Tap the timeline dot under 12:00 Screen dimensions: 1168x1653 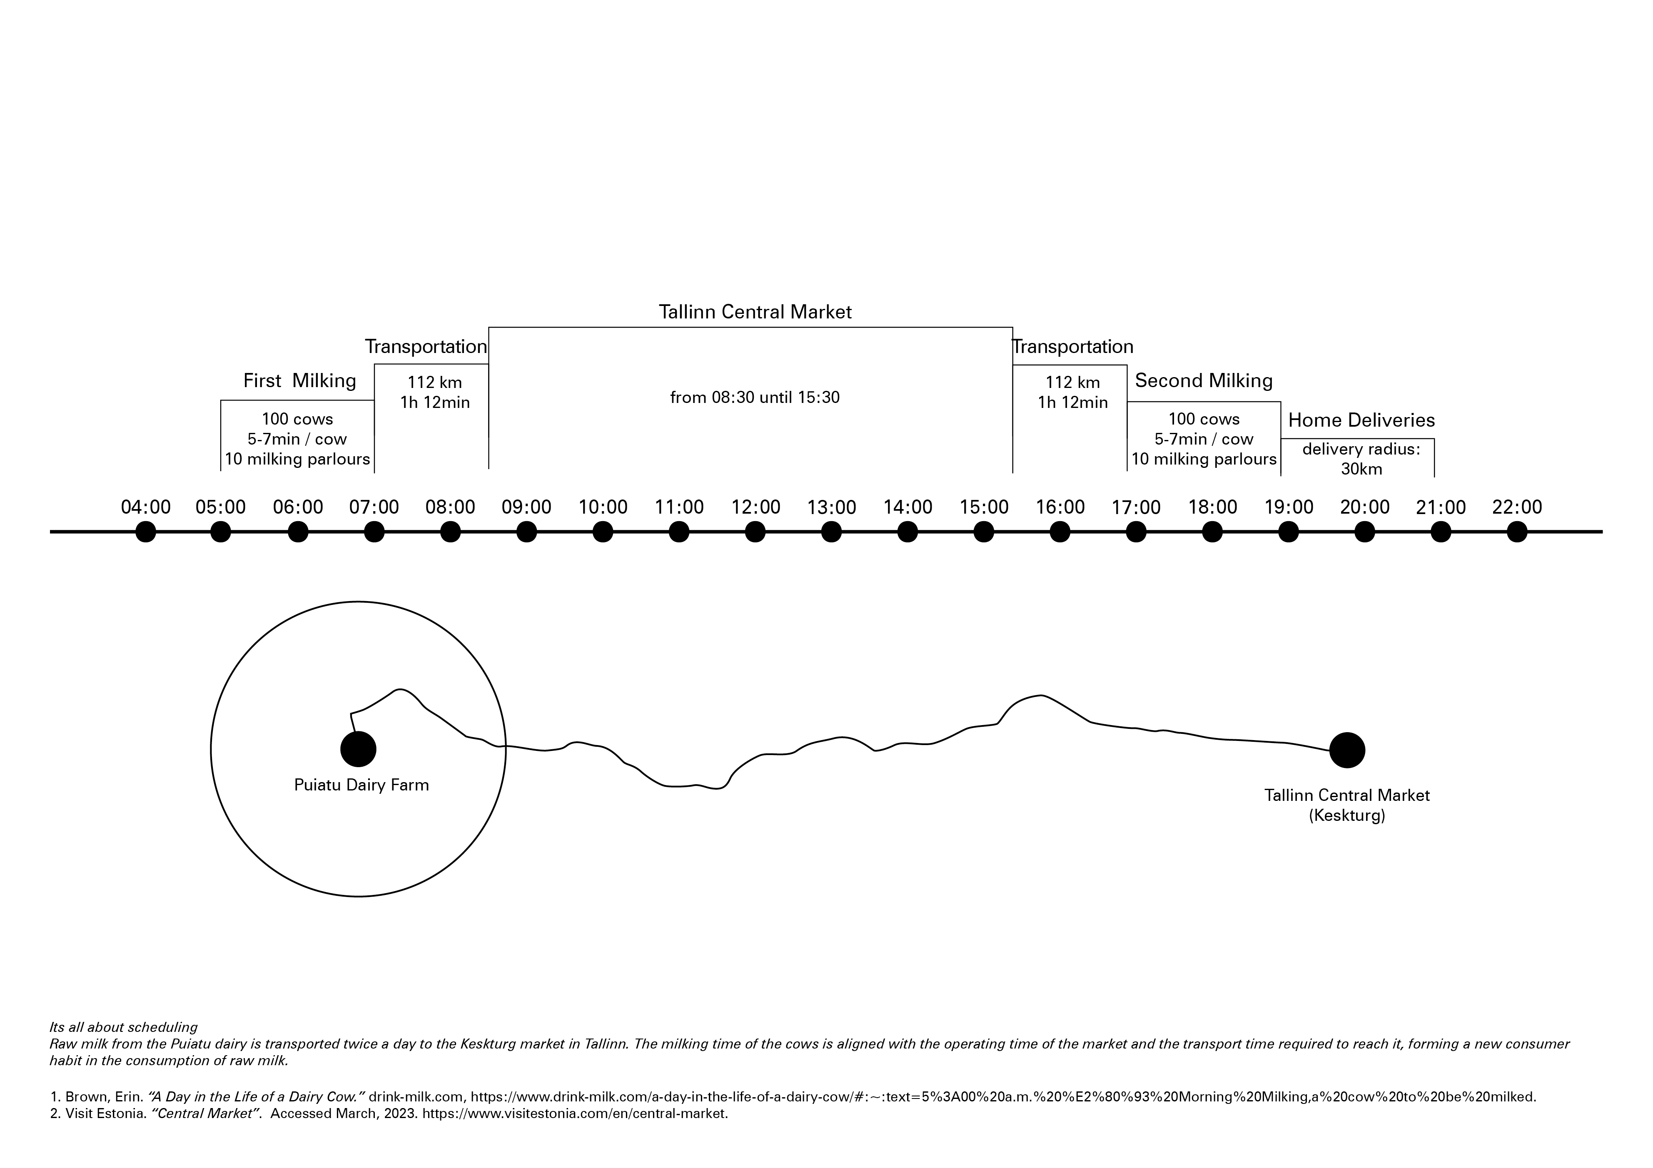(x=755, y=532)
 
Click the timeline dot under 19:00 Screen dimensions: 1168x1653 (x=1289, y=532)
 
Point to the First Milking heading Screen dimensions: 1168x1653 (x=299, y=381)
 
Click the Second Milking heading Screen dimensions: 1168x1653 (x=1204, y=381)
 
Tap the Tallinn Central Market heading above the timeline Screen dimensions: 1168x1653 (x=755, y=312)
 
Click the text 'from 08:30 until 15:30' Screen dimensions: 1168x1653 (x=755, y=397)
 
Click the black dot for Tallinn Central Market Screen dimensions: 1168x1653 (x=1346, y=751)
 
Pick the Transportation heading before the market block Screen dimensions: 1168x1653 (x=426, y=347)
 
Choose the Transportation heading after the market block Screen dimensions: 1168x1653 (x=1073, y=347)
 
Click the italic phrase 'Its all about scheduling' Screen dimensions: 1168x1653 (x=123, y=1027)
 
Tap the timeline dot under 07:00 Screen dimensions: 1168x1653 (x=374, y=532)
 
